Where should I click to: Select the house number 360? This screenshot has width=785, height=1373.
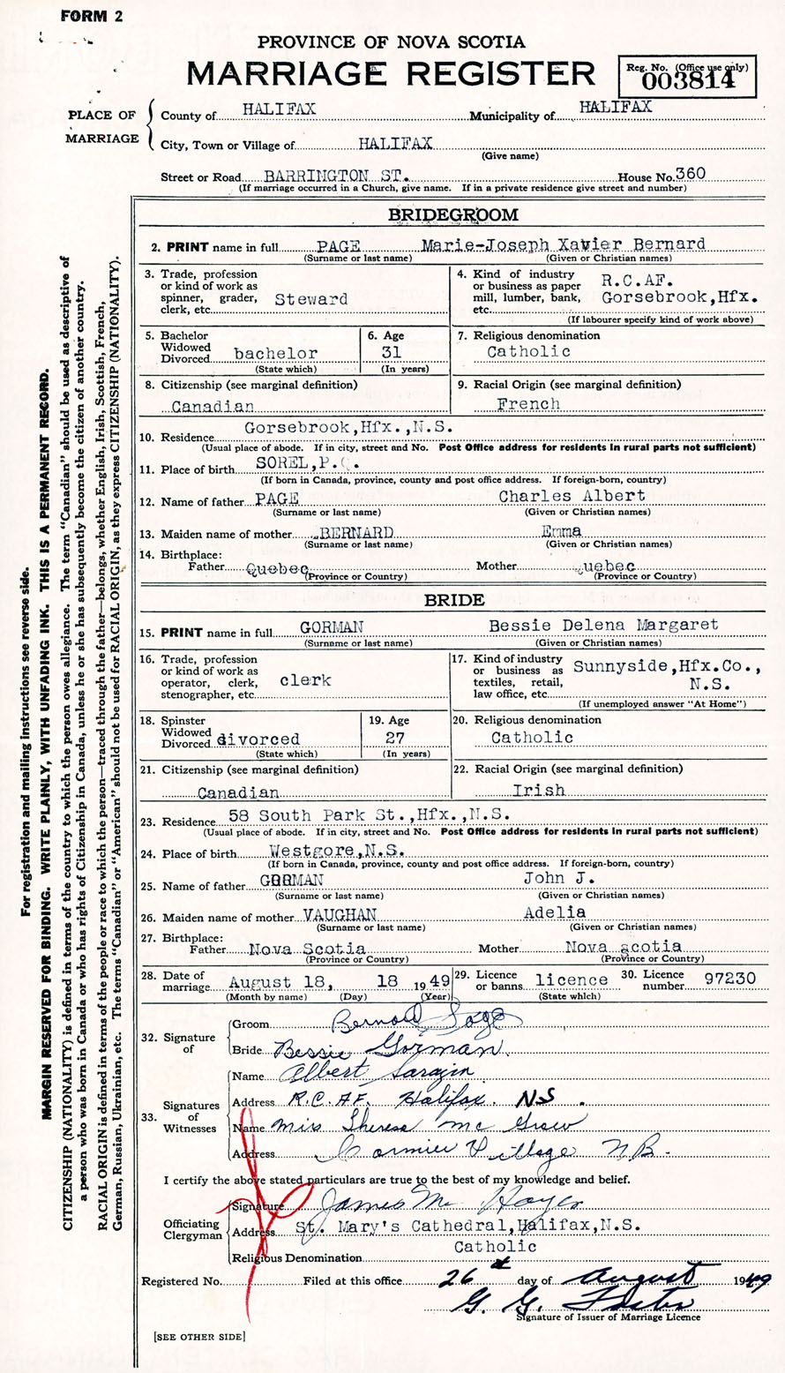(x=689, y=175)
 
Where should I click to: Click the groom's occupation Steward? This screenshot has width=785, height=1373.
(x=311, y=299)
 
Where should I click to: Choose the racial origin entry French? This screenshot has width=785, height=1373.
(x=528, y=404)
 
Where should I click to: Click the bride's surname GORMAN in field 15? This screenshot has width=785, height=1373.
(x=332, y=626)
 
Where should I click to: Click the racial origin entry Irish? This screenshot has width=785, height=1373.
(x=537, y=790)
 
